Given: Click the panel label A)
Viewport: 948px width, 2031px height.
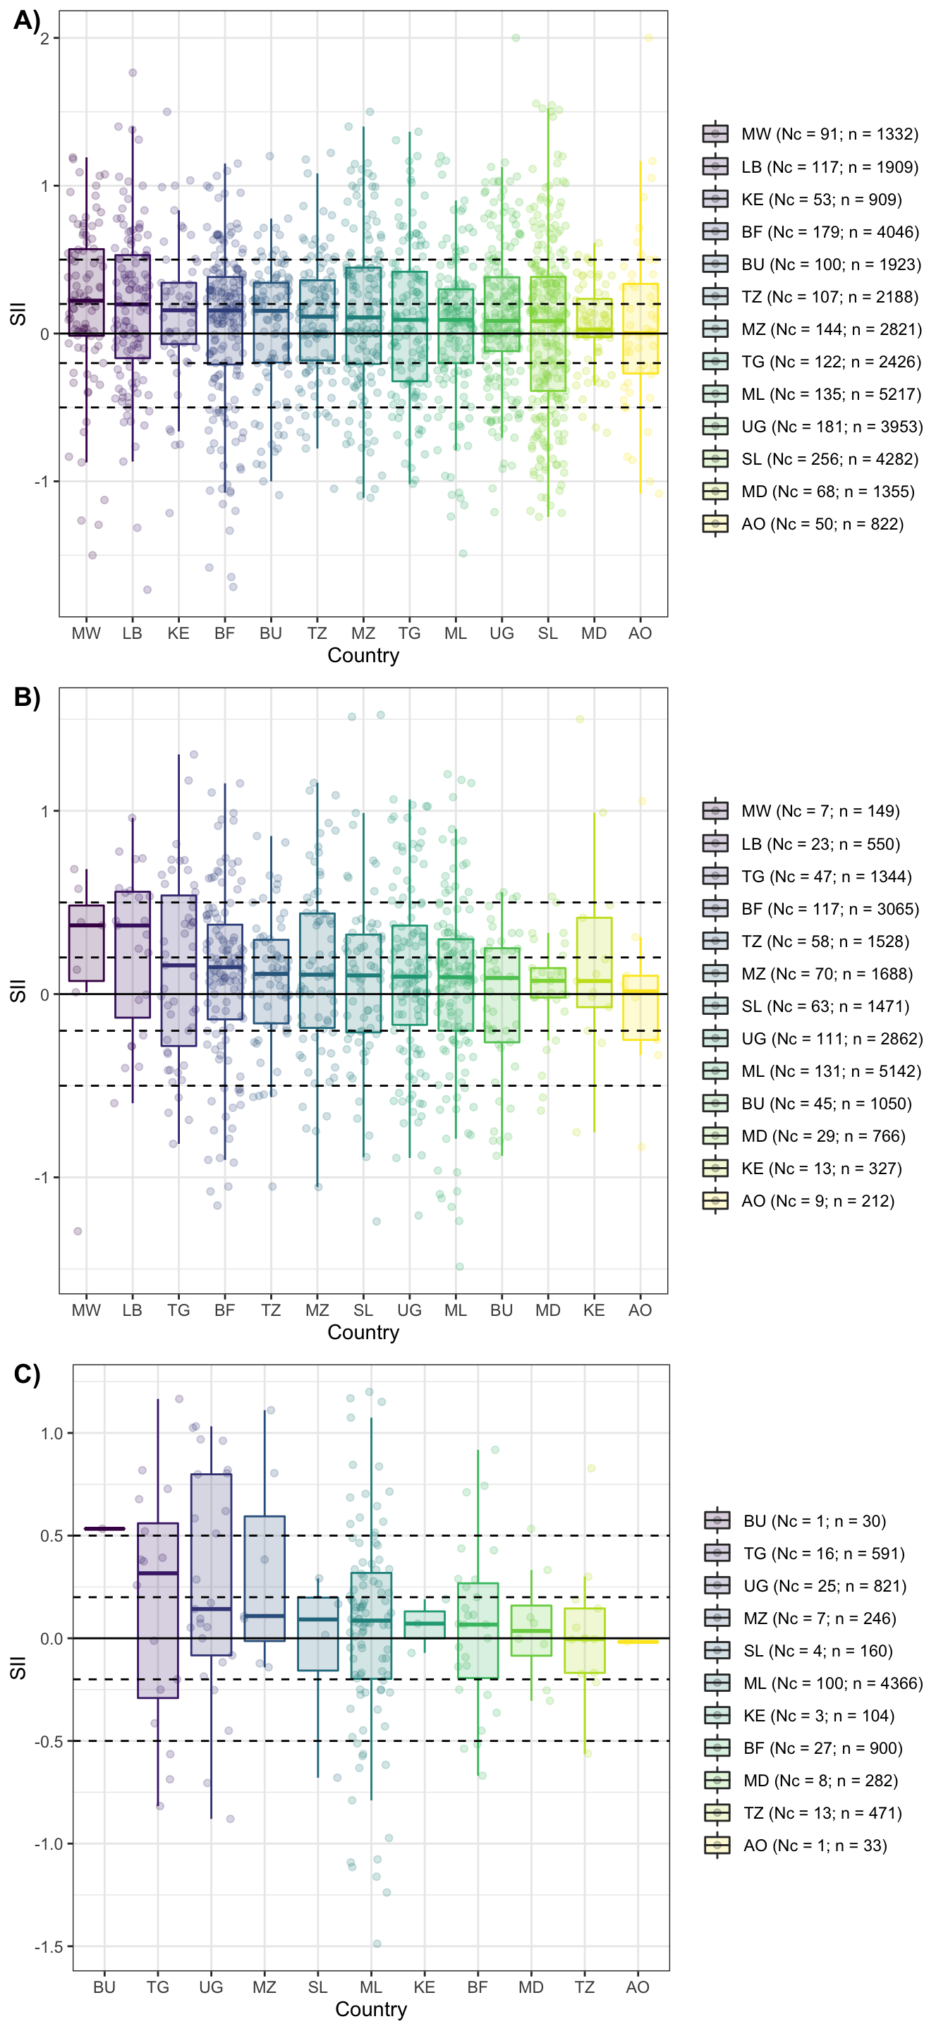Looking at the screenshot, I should pyautogui.click(x=27, y=20).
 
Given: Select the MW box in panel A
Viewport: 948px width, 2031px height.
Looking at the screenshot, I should pyautogui.click(x=86, y=293).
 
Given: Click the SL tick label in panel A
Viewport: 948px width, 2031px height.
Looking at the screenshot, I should pyautogui.click(x=547, y=633).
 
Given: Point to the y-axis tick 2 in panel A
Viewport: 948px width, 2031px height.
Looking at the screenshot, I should pyautogui.click(x=45, y=39).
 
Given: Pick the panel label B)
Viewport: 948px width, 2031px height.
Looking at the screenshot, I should pyautogui.click(x=27, y=697).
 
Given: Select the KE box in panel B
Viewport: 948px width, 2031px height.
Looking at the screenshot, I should pyautogui.click(x=594, y=962).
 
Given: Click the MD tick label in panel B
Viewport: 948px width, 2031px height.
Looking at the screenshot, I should pyautogui.click(x=547, y=1310).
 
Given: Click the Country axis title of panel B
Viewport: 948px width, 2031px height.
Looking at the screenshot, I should pyautogui.click(x=363, y=1332).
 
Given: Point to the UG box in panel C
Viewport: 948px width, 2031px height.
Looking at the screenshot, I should pyautogui.click(x=212, y=1564).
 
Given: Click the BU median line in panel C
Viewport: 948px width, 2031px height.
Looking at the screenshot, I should pyautogui.click(x=104, y=1529).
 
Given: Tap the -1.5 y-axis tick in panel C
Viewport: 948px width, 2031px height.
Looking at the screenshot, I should pyautogui.click(x=49, y=1946).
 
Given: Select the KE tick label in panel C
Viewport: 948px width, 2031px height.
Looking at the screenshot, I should pyautogui.click(x=425, y=1987).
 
